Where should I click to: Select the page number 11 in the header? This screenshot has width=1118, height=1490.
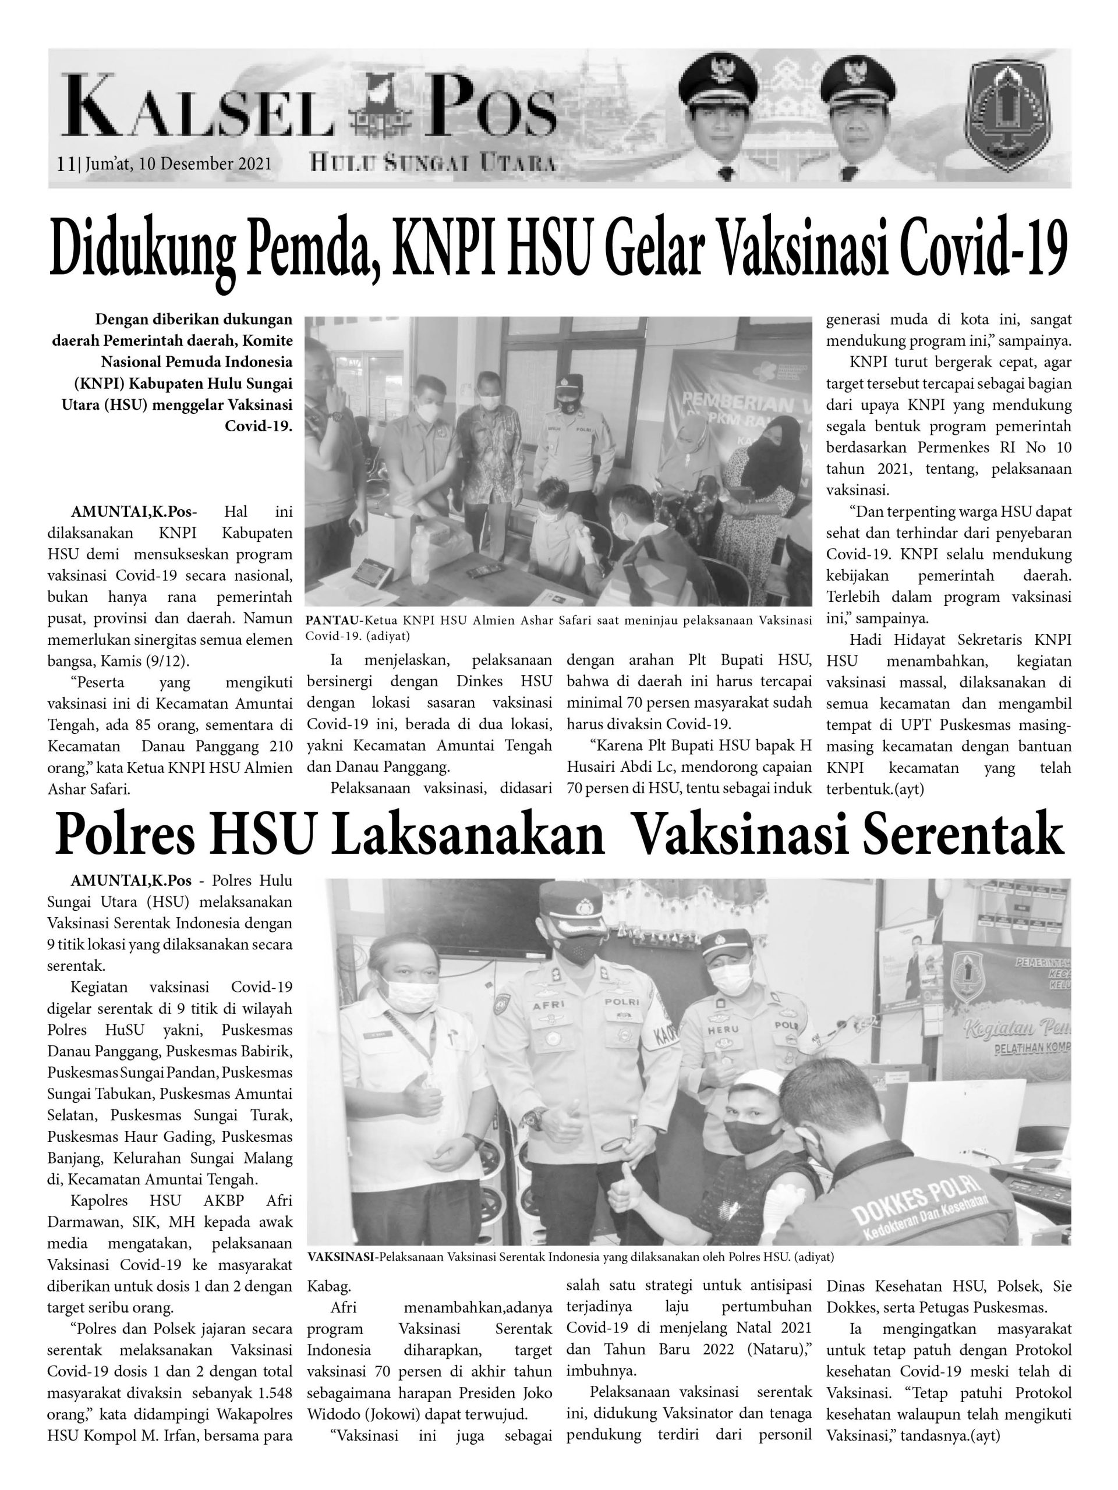click(x=65, y=164)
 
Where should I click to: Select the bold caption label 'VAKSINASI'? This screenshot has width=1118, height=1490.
click(x=342, y=1256)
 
